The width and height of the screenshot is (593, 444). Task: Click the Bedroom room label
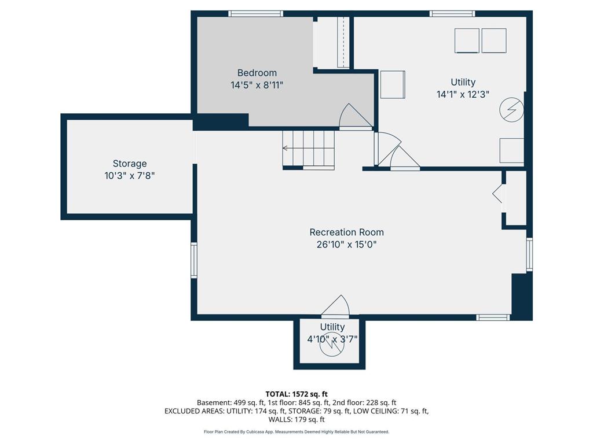[257, 73]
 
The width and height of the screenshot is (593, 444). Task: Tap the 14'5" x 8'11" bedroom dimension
[257, 84]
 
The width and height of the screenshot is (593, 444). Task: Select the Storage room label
[130, 164]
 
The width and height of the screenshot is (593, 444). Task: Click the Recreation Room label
[346, 232]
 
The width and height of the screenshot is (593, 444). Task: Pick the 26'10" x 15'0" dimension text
[346, 244]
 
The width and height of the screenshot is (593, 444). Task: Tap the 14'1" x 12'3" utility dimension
[463, 94]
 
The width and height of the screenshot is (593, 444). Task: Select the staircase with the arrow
[309, 149]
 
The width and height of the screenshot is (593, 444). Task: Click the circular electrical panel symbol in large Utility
[512, 109]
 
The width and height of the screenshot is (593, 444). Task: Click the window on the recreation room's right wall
[529, 254]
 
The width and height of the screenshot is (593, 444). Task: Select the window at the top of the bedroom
[255, 13]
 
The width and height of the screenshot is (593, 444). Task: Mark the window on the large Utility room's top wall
[452, 13]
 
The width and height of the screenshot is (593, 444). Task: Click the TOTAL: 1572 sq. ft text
[296, 394]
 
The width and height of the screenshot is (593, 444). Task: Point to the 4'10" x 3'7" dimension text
[332, 339]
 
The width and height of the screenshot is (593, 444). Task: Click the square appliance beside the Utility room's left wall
[393, 84]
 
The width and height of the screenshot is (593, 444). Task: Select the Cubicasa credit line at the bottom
[296, 432]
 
